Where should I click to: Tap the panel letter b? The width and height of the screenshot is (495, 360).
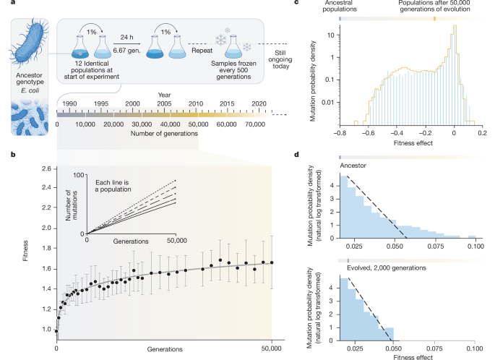click(6, 153)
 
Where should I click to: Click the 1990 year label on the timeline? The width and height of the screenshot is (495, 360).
click(70, 105)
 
